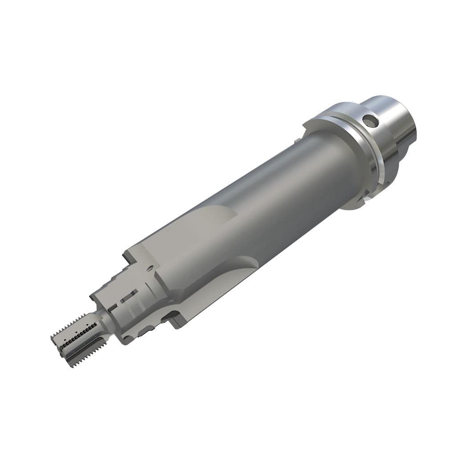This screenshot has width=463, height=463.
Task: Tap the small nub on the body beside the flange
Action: click(x=296, y=141)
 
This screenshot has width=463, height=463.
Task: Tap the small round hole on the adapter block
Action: click(x=150, y=268)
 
